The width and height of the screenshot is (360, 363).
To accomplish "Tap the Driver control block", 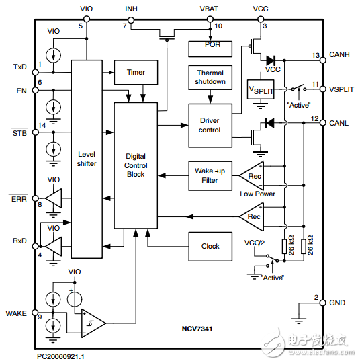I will [210, 125].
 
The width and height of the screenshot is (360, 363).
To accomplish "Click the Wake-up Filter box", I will [210, 175].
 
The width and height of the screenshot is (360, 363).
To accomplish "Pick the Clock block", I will [210, 246].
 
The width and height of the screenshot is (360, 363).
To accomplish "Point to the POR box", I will [210, 48].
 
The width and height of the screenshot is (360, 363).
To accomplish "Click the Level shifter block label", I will [87, 159].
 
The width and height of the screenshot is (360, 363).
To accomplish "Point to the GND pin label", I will [336, 303].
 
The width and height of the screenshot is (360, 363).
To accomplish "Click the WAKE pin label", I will [16, 313].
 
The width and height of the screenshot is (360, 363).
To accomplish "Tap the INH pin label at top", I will [132, 9].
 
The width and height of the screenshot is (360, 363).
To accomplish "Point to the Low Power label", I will [257, 194].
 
